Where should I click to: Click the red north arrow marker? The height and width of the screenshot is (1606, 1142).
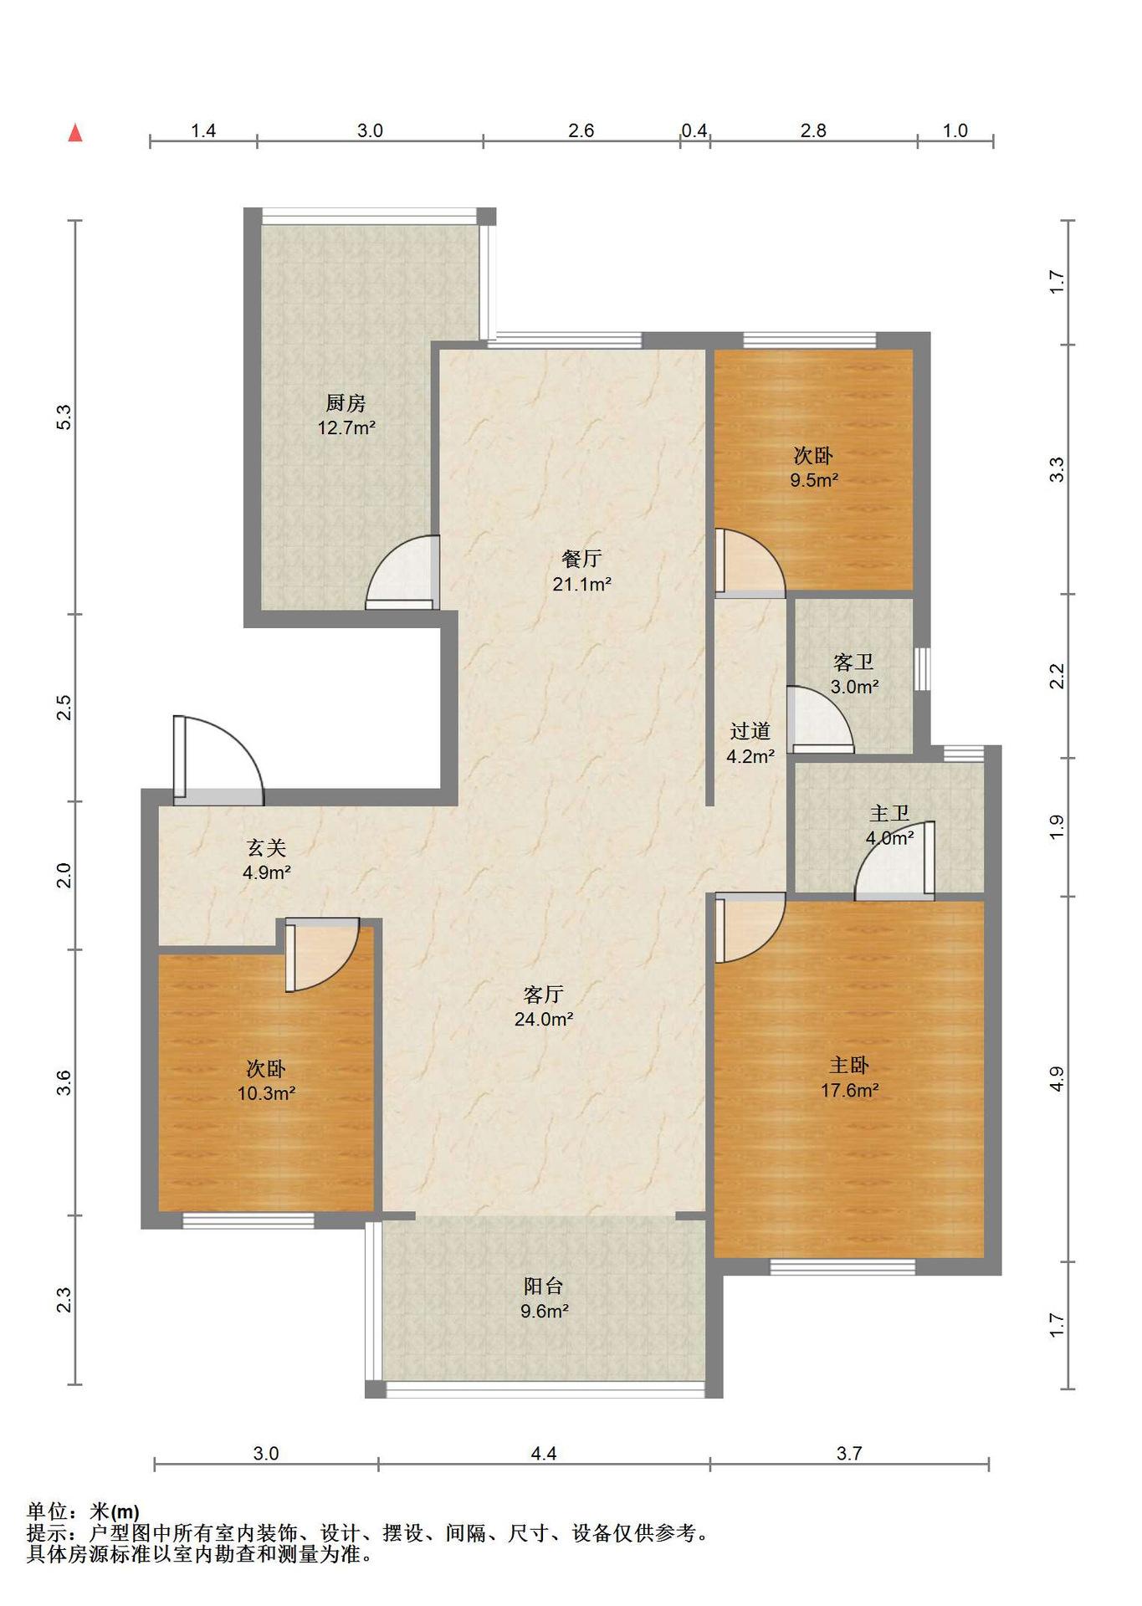(75, 132)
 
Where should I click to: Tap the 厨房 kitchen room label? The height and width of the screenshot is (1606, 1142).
(346, 403)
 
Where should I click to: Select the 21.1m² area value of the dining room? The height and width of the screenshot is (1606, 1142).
(581, 584)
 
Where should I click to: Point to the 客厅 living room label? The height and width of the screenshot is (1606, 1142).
(543, 995)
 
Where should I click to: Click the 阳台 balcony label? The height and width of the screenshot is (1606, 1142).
(544, 1286)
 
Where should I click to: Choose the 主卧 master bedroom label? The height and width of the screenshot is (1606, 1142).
(849, 1066)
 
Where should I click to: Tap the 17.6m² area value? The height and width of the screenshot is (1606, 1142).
(849, 1090)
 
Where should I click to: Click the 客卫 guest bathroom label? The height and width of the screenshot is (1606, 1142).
(854, 662)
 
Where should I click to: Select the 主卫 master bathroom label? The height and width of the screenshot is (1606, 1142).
(889, 813)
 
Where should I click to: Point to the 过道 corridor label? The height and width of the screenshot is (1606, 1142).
(750, 731)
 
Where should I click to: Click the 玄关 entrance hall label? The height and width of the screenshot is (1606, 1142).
(266, 848)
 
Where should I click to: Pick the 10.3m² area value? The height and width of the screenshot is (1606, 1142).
(266, 1093)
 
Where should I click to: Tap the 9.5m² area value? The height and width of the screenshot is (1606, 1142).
(814, 480)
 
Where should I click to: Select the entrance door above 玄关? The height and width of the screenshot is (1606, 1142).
(219, 760)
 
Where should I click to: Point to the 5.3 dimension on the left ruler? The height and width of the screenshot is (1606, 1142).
(64, 417)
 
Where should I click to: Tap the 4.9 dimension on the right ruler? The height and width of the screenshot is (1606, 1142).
(1057, 1079)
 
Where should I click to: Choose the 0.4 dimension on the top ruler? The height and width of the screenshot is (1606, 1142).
(694, 130)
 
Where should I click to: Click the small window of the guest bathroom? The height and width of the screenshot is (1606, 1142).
(922, 669)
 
